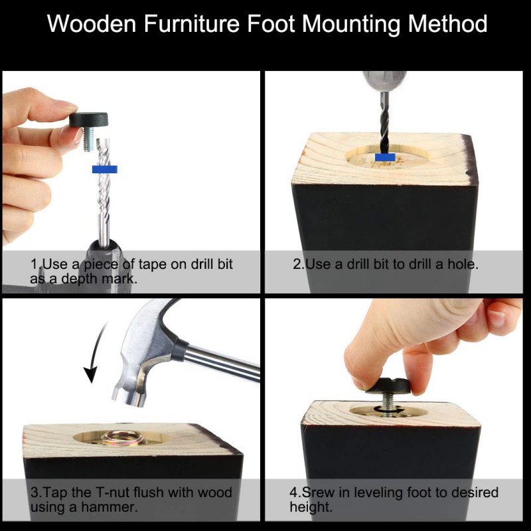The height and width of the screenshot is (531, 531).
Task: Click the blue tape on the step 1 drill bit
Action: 105,169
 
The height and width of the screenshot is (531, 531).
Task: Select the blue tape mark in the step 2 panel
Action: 385,157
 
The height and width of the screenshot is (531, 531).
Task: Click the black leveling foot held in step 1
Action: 89,120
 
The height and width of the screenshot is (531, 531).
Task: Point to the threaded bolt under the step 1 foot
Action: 89,139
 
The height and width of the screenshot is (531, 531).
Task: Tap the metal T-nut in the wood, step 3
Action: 123,438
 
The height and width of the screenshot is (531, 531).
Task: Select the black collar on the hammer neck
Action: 179,350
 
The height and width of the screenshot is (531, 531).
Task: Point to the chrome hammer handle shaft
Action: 223,363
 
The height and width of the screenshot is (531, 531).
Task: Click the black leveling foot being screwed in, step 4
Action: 388,386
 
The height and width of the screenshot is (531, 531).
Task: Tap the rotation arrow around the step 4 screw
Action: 388,410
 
